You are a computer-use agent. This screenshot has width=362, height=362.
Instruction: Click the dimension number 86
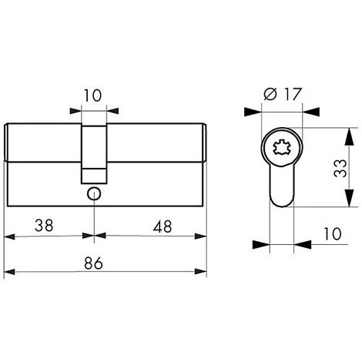click(93, 263)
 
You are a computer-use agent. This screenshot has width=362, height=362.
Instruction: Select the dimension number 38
click(44, 226)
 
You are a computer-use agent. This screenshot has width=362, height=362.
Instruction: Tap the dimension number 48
click(163, 226)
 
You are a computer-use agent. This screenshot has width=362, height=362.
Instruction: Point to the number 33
click(340, 168)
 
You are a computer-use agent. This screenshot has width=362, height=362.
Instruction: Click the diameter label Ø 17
click(282, 94)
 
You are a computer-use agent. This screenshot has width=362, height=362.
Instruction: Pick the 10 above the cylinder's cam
click(92, 96)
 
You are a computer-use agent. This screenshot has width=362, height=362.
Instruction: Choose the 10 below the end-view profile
click(333, 234)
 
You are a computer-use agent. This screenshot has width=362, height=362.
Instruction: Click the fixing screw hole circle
click(94, 194)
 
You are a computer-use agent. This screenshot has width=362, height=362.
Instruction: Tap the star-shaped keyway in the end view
click(282, 147)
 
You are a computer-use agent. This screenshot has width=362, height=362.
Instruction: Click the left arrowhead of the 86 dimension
click(9, 272)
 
